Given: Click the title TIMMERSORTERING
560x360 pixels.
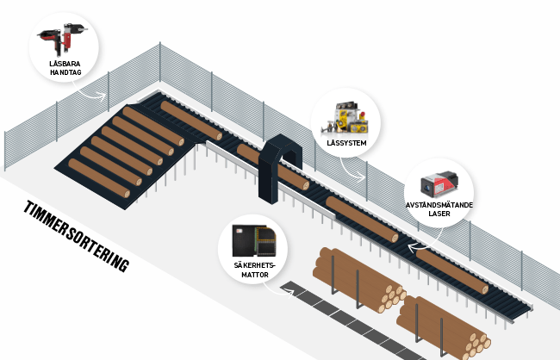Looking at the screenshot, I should click(76, 237).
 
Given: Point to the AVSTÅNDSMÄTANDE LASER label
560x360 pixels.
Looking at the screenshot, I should click(439, 209).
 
